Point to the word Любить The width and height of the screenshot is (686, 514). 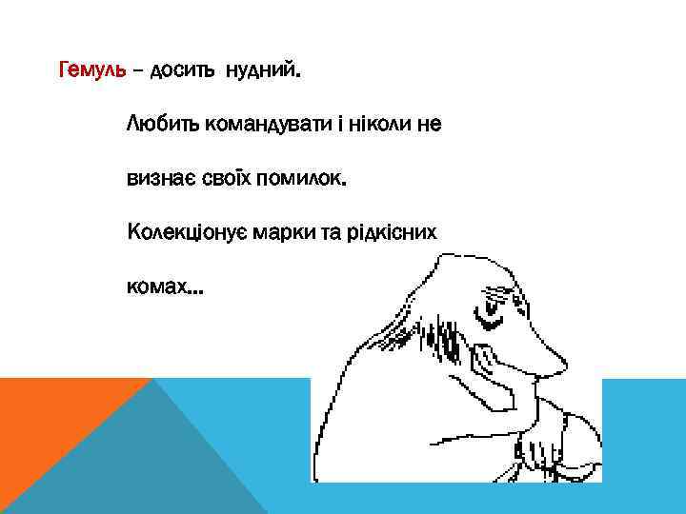[159, 124]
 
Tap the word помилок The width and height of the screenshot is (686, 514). [300, 178]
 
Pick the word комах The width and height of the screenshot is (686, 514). [153, 287]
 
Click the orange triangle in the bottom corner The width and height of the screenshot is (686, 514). [57, 438]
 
